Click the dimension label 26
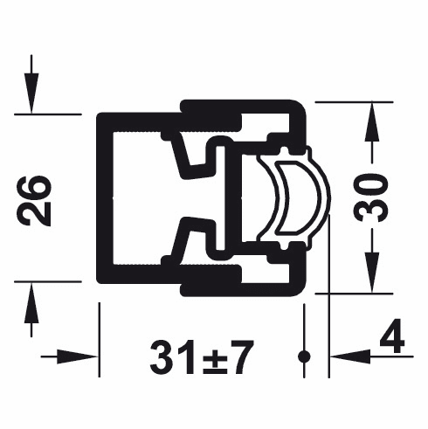coord(37,200)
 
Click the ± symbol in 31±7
coord(203,357)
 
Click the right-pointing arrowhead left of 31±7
coord(83,356)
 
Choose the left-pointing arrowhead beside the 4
coord(344,356)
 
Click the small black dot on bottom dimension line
coord(304,356)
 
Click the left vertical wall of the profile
coord(103,198)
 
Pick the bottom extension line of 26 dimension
coord(48,282)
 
